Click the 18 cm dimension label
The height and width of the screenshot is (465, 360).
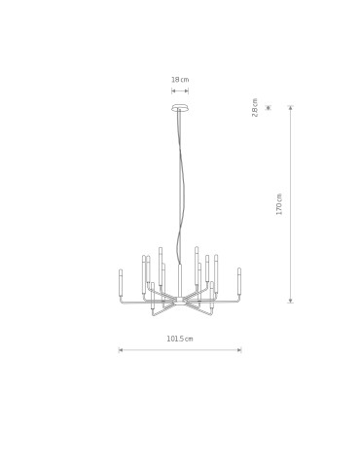coord(180,80)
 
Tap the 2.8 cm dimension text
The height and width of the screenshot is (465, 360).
coord(255,106)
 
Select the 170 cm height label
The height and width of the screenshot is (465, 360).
coord(279,203)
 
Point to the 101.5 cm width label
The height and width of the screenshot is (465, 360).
coord(180,339)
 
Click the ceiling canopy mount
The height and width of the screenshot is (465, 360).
coord(180,106)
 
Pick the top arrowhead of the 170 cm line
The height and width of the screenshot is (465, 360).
coord(290,108)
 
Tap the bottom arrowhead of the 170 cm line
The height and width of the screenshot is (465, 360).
coord(290,301)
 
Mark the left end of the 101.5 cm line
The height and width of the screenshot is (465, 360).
coord(120,349)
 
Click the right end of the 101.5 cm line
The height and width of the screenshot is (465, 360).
coord(240,349)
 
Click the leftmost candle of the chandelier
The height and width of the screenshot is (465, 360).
coord(121,283)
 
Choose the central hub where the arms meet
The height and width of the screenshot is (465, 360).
coord(180,301)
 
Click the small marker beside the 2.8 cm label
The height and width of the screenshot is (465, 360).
coord(268,106)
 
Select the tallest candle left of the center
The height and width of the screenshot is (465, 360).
coord(161,263)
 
